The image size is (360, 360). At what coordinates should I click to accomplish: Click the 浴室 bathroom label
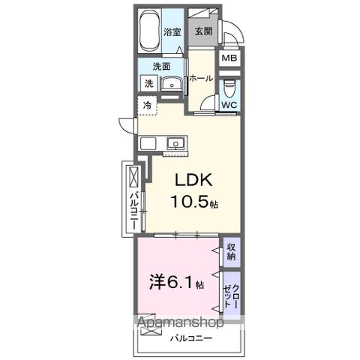coord(172,31)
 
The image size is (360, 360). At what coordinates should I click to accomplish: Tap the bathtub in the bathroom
coord(150,29)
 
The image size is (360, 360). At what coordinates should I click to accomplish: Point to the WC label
coord(229,106)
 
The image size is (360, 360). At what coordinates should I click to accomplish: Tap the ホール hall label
coord(200,78)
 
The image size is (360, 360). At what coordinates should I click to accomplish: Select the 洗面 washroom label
coord(151,66)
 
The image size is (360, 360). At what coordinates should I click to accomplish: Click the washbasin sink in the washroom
coord(171,85)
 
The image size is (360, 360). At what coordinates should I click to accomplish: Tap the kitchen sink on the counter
coord(175,142)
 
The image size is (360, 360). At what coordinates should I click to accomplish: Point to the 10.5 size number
coord(193,202)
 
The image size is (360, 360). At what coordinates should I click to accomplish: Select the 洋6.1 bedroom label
coord(173,283)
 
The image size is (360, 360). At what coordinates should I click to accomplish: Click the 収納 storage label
coord(231,252)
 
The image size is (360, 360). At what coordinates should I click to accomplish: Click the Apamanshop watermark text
coord(177,324)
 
